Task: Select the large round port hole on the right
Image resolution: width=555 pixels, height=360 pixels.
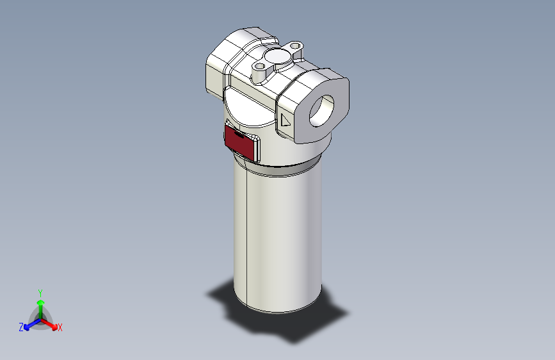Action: tap(323, 110)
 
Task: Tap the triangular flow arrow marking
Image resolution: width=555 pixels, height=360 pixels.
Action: tap(286, 120)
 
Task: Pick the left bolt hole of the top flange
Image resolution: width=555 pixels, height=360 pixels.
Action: tap(259, 66)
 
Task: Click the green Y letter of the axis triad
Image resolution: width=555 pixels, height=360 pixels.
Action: tap(40, 292)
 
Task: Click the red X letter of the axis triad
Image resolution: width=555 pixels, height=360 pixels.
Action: tap(60, 328)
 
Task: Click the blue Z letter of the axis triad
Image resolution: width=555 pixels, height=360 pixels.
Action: tap(21, 327)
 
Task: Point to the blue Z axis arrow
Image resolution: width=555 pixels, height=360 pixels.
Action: tap(29, 324)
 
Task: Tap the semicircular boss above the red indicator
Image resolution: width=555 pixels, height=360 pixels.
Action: tap(250, 109)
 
